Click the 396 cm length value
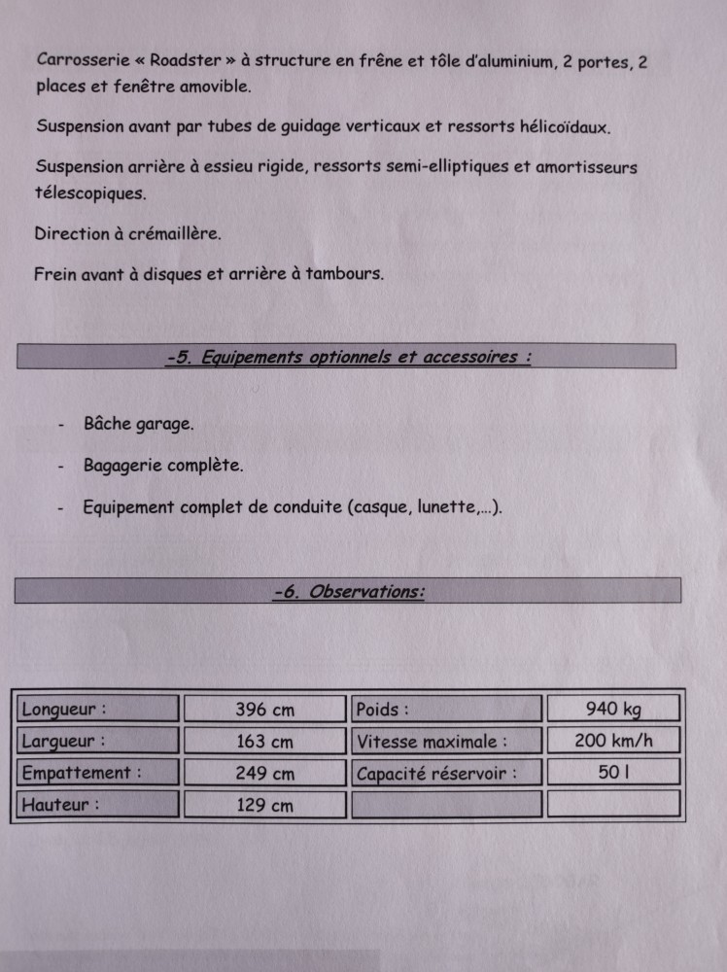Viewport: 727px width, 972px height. [x=264, y=710]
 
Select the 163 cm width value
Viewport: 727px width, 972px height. [x=264, y=742]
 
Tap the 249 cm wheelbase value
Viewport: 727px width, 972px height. [x=264, y=774]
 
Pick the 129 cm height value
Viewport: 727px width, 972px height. [x=264, y=805]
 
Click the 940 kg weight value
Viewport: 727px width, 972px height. [x=613, y=709]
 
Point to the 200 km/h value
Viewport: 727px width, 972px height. [x=613, y=741]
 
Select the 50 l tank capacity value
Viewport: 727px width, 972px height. [x=613, y=773]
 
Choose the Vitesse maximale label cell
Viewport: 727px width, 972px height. [x=432, y=742]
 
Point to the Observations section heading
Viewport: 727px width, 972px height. [x=349, y=591]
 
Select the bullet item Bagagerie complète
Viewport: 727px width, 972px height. [x=163, y=466]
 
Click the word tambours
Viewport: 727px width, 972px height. [x=344, y=273]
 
